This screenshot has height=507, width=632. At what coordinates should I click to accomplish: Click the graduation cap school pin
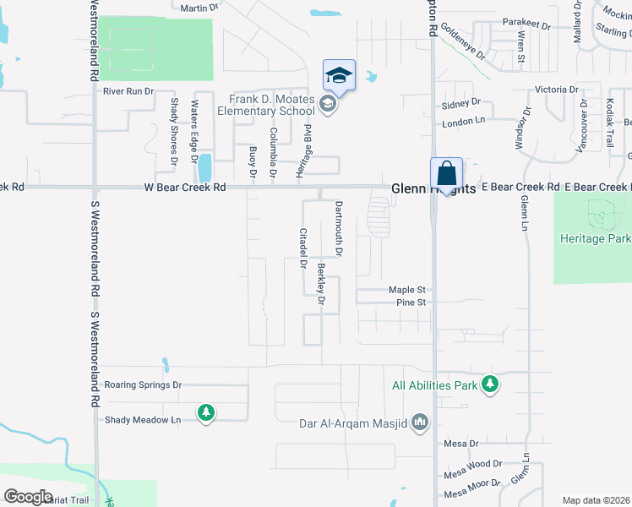point(339,75)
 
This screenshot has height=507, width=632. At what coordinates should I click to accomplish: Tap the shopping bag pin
point(446,174)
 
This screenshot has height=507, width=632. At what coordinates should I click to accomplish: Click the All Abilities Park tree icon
point(489,385)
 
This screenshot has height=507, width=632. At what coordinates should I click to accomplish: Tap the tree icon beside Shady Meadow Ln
point(205,412)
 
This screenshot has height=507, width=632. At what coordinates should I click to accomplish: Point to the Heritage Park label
point(595,238)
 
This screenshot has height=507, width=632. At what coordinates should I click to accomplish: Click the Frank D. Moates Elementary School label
point(265,105)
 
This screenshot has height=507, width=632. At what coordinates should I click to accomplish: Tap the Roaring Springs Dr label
point(142,384)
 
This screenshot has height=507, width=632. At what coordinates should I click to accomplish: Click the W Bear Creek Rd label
point(185,187)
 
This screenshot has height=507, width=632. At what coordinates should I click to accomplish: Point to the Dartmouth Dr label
point(338,228)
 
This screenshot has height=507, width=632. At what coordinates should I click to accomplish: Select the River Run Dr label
point(128,90)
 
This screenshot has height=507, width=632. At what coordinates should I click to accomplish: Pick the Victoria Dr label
point(557,89)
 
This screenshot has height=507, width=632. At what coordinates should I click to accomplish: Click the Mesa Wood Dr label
point(473,464)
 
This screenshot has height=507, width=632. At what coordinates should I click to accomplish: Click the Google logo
point(28,496)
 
